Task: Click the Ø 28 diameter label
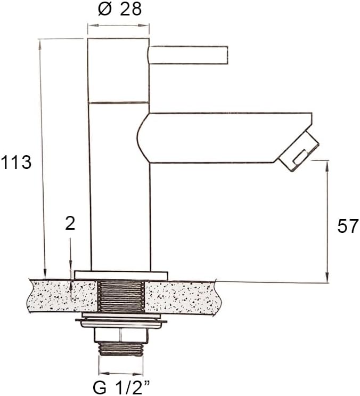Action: [x=120, y=10]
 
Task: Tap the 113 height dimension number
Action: [x=16, y=162]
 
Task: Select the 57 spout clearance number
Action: [x=348, y=227]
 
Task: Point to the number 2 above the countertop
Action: [x=70, y=223]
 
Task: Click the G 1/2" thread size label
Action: [x=121, y=387]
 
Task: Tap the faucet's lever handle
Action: [x=187, y=55]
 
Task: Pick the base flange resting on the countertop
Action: [x=121, y=275]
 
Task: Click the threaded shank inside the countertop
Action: [x=121, y=296]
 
